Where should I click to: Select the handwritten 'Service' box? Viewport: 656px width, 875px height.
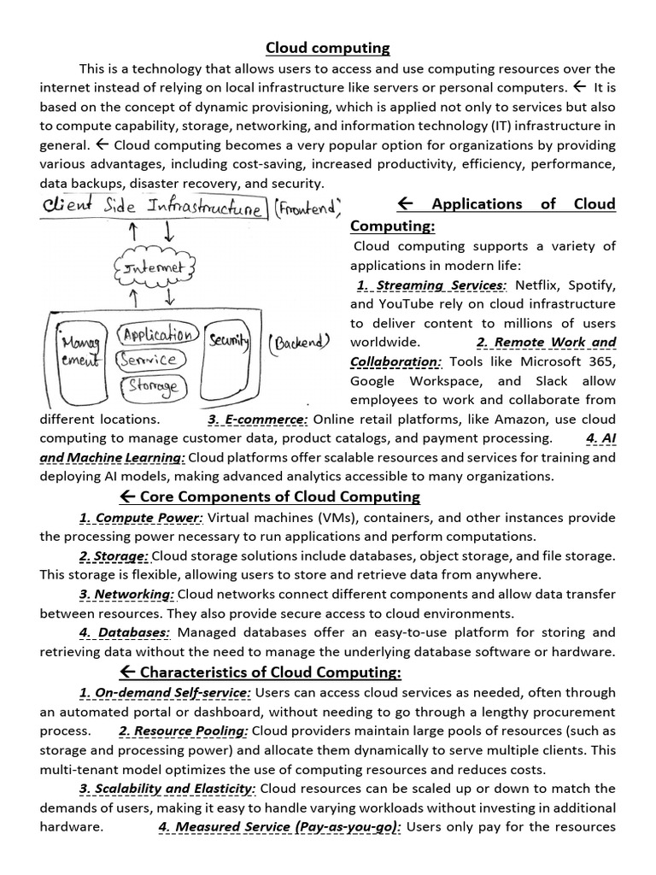[x=150, y=359]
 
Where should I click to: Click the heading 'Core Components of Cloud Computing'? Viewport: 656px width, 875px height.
[x=270, y=496]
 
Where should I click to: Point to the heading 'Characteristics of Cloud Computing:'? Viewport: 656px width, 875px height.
[x=261, y=672]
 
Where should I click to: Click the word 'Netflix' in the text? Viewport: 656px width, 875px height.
[x=538, y=285]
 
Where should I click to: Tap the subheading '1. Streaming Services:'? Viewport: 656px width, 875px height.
[x=431, y=285]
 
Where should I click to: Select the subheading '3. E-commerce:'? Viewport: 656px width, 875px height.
[x=257, y=419]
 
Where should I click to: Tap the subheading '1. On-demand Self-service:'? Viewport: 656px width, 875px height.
[x=165, y=692]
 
